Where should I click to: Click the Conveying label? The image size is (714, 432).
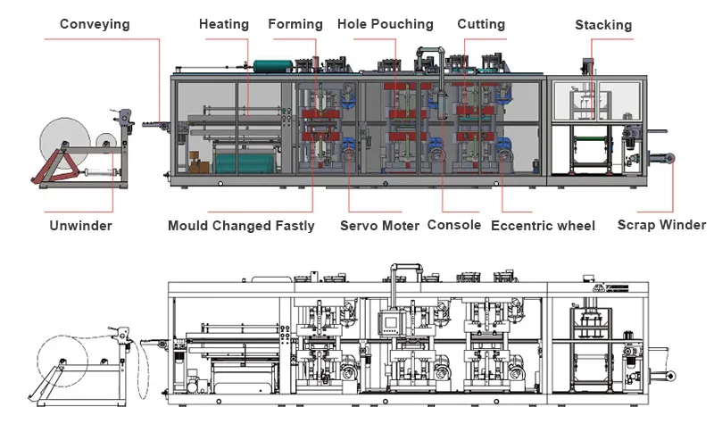(95, 24)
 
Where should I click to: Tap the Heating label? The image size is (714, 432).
(224, 24)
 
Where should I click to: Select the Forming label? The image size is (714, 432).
(295, 24)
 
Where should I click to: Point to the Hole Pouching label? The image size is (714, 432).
(386, 24)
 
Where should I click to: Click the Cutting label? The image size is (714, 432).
(481, 24)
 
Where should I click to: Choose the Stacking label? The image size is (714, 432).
(603, 25)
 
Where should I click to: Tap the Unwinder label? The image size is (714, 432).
(80, 225)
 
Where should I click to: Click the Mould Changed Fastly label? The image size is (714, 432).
(241, 226)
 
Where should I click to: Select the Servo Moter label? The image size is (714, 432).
(380, 225)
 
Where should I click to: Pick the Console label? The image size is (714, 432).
(454, 225)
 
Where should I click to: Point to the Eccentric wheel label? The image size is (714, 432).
(543, 226)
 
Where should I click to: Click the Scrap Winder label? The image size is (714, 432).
(661, 224)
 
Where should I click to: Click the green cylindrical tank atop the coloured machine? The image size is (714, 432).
(273, 66)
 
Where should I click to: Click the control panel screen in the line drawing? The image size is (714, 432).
(390, 322)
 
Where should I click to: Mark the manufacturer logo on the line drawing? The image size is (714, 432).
(610, 288)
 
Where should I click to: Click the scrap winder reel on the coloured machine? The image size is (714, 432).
(669, 158)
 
